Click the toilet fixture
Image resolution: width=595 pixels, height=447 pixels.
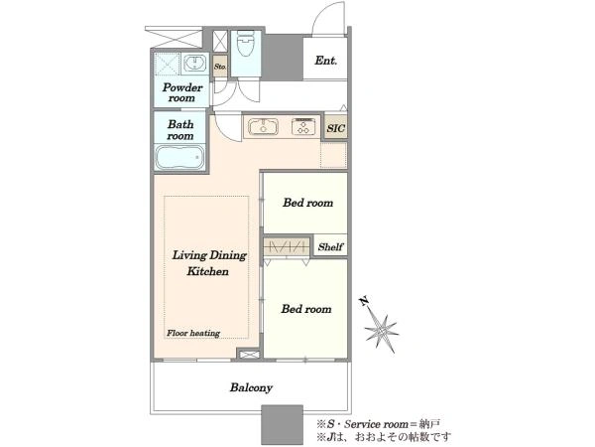(x=245, y=44)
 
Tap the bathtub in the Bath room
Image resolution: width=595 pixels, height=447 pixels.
(x=179, y=157)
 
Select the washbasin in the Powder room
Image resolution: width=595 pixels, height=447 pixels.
(x=195, y=63)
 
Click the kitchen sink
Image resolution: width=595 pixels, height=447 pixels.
(x=263, y=126)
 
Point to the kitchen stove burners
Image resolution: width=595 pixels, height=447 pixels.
(x=303, y=126)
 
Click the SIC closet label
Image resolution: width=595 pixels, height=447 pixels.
(x=336, y=128)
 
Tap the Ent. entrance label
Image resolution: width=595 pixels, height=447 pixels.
(x=325, y=61)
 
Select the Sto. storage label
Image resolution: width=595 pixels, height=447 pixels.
(x=220, y=67)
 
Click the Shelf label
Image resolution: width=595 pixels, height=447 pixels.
(x=330, y=247)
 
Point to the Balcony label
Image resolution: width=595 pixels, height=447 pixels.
(x=251, y=387)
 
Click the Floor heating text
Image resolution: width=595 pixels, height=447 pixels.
(x=193, y=334)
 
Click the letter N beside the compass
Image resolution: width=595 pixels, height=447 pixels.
(x=364, y=301)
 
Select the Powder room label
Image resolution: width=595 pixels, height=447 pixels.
(x=182, y=92)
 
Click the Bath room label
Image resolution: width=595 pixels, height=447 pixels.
(x=180, y=130)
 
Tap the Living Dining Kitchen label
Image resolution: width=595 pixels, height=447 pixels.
(x=209, y=263)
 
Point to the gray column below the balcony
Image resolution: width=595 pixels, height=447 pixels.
(x=282, y=425)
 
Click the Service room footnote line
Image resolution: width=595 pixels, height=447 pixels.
(x=379, y=424)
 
